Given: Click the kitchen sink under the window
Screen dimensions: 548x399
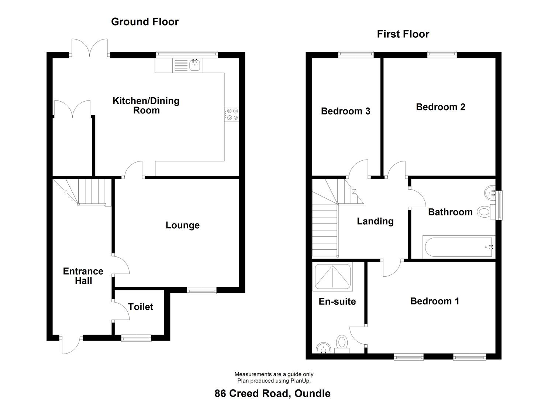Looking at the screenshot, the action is pos(194,65).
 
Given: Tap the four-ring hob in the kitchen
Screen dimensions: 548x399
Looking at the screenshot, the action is pos(232,114).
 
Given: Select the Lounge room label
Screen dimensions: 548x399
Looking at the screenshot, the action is pos(182,225).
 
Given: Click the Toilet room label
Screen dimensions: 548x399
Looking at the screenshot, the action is pos(141,307).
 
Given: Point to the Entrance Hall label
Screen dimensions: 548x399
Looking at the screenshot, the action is pos(83,276).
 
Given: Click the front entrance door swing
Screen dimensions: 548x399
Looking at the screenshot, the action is pos(70,345).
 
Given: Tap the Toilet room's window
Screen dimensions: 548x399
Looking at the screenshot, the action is pos(137,337).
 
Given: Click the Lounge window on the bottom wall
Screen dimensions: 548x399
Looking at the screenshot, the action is pos(201,291).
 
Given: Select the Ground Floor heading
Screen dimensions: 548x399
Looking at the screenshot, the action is pos(145,22).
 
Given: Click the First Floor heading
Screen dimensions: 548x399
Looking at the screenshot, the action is pos(403,34).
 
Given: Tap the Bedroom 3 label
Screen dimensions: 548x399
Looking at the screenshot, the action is pos(345,111).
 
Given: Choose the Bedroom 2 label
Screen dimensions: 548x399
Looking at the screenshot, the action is pos(440,107).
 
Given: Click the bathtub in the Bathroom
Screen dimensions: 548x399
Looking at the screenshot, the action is pos(458,248).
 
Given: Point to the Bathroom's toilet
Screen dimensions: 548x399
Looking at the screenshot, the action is pos(485,212).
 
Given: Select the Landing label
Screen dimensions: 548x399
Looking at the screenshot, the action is pos(375,221).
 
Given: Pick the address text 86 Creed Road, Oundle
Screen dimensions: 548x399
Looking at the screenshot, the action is pos(272,393).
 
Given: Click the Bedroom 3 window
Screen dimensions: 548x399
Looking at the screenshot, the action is pos(356,55).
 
